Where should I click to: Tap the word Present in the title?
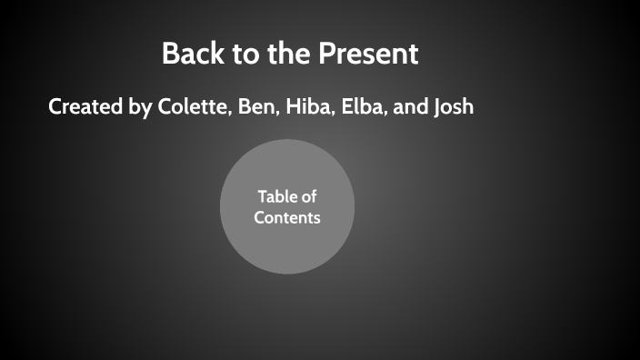(368, 54)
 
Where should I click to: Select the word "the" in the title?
(289, 54)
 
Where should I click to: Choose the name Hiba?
(309, 107)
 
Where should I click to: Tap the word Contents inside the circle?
(287, 218)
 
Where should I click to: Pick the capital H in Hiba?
(293, 107)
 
